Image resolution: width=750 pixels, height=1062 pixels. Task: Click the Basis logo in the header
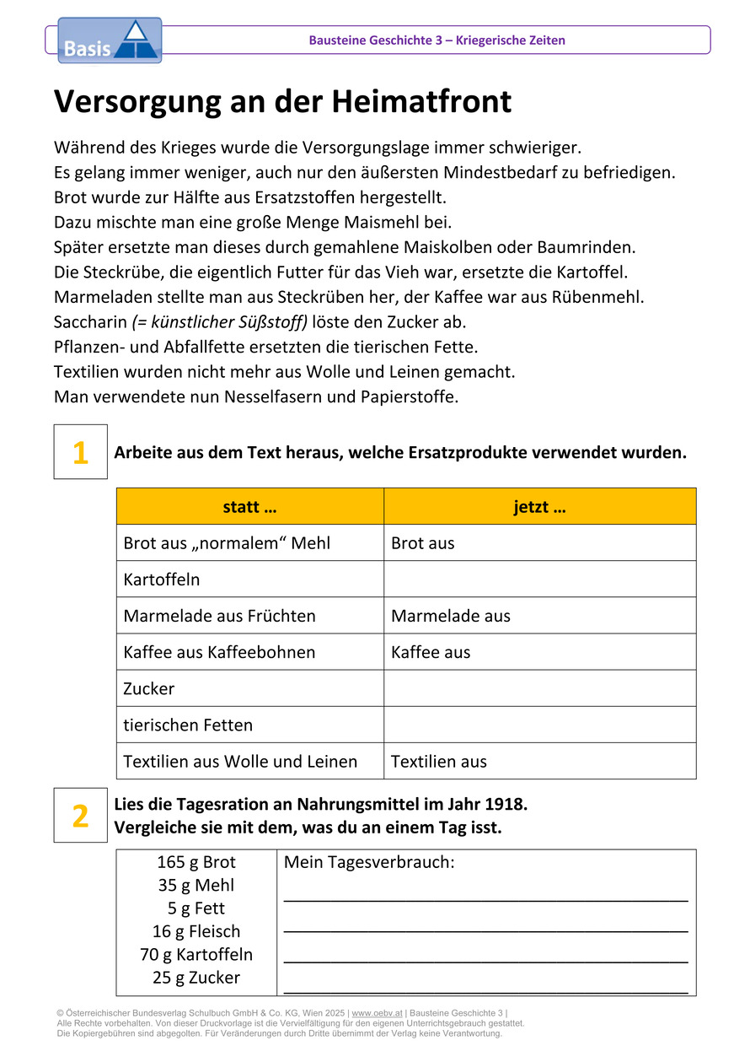pyautogui.click(x=109, y=40)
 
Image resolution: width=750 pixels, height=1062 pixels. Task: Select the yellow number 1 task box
pyautogui.click(x=80, y=452)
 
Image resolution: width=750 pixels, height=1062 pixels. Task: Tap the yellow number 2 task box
pyautogui.click(x=80, y=815)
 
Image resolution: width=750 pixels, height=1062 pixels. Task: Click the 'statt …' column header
pyautogui.click(x=250, y=507)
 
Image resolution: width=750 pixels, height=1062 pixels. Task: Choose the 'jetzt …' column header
pyautogui.click(x=539, y=507)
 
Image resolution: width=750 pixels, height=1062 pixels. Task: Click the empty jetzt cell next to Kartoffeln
pyautogui.click(x=539, y=580)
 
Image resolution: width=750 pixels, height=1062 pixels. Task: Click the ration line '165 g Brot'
pyautogui.click(x=196, y=862)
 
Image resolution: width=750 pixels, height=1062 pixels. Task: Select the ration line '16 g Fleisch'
pyautogui.click(x=196, y=931)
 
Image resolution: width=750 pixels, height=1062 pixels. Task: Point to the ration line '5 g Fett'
pyautogui.click(x=196, y=908)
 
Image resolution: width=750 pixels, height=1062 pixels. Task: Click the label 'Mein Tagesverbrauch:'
pyautogui.click(x=369, y=862)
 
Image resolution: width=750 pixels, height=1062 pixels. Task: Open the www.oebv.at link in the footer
pyautogui.click(x=376, y=1013)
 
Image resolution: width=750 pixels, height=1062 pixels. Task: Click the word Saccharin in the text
pyautogui.click(x=90, y=322)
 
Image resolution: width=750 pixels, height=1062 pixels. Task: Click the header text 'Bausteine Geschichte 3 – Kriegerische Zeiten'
pyautogui.click(x=437, y=40)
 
